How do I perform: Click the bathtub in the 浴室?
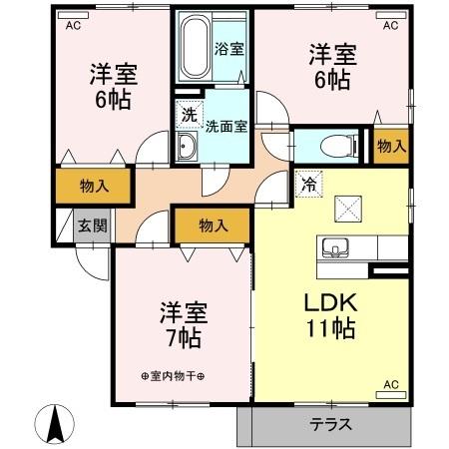pyautogui.click(x=197, y=44)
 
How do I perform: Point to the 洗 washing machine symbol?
pyautogui.click(x=189, y=116)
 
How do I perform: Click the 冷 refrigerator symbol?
pyautogui.click(x=306, y=185)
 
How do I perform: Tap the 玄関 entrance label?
pyautogui.click(x=92, y=224)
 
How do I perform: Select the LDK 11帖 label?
pyautogui.click(x=325, y=315)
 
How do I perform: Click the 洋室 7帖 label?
pyautogui.click(x=182, y=323)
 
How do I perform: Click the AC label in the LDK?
pyautogui.click(x=391, y=384)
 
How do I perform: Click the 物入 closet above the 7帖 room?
pyautogui.click(x=212, y=226)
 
